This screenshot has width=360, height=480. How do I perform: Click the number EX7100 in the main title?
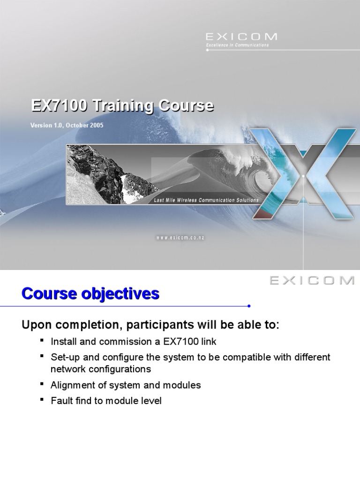[59, 105]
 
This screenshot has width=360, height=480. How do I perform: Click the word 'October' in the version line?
[75, 126]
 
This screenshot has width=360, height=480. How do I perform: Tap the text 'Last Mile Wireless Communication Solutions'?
[206, 200]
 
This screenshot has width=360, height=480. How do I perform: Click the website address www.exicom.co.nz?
[180, 238]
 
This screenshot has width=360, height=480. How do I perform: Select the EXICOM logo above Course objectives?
[312, 280]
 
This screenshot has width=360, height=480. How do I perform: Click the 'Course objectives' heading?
[90, 294]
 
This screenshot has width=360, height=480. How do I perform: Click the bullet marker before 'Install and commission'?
[42, 340]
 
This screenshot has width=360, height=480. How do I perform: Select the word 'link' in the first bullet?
[209, 342]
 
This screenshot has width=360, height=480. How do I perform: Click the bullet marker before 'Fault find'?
[42, 400]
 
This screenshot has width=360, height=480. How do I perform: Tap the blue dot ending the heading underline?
[249, 306]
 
